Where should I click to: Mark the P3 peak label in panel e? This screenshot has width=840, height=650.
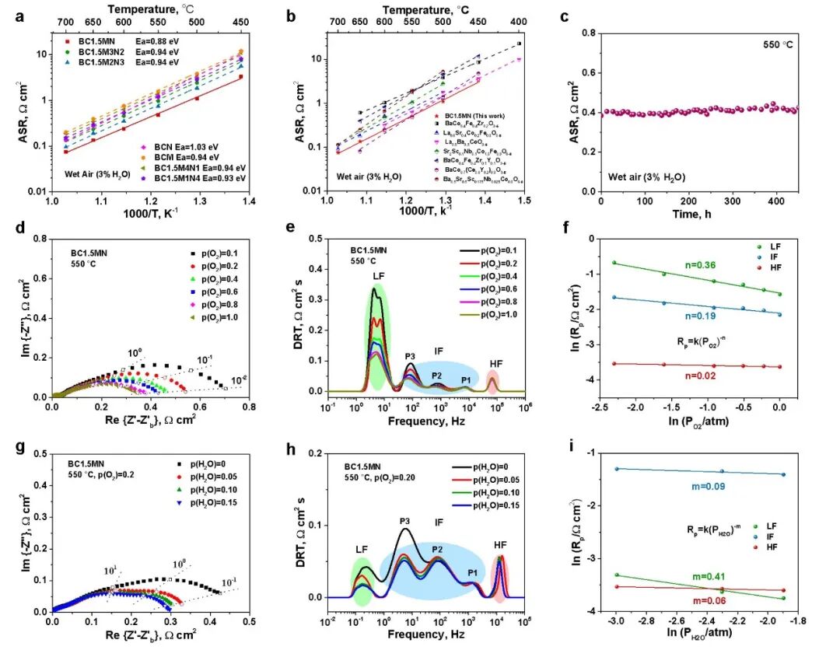(410, 355)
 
